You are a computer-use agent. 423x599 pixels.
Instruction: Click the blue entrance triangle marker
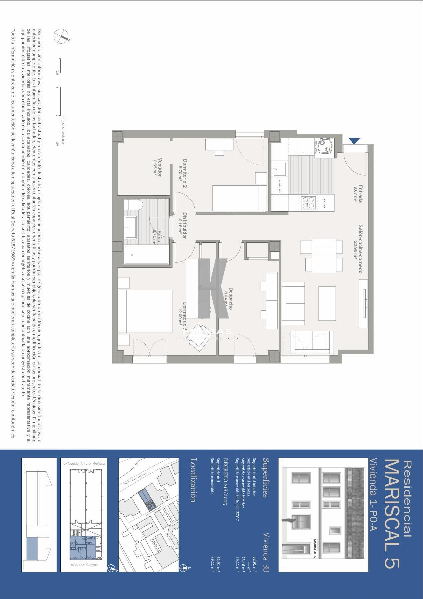click(x=354, y=141)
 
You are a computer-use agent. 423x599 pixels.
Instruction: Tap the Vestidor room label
click(x=158, y=167)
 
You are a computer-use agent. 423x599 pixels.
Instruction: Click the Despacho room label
click(x=229, y=299)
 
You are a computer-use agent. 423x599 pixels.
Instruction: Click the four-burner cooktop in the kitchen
click(x=308, y=203)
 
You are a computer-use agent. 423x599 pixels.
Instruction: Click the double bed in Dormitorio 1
click(x=145, y=311)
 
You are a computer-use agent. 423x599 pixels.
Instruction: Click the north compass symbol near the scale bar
click(x=61, y=36)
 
